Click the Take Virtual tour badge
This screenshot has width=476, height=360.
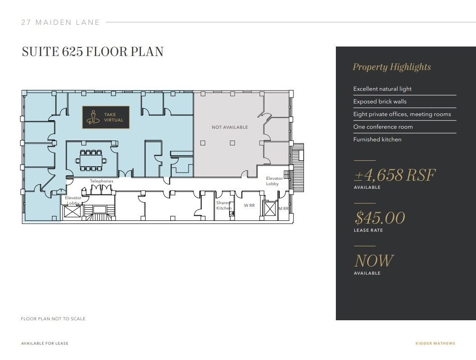tap(106, 117)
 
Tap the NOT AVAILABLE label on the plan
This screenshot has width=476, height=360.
tap(230, 127)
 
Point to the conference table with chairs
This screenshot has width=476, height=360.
tap(91, 160)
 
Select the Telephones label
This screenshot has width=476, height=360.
tap(101, 181)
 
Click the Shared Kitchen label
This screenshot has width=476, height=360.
tap(223, 206)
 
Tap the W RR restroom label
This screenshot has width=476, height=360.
tap(249, 206)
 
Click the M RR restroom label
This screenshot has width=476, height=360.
tap(283, 209)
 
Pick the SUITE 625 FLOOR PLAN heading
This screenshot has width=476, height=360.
tap(93, 52)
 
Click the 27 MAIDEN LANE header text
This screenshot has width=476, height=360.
tap(61, 22)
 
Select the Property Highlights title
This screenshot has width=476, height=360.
tap(391, 67)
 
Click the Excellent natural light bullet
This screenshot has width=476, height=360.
tap(382, 89)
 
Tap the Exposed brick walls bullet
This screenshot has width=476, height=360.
tap(380, 102)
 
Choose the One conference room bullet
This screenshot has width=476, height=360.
tap(383, 127)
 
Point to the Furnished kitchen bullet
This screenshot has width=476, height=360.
tap(377, 140)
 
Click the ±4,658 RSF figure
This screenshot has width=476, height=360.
tap(395, 175)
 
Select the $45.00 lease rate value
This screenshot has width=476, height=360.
tap(380, 218)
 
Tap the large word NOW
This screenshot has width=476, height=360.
tap(374, 261)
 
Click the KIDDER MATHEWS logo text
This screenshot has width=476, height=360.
tap(435, 344)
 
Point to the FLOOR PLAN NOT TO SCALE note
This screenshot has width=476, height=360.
tap(53, 319)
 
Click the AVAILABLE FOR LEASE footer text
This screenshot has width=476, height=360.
tap(45, 344)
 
